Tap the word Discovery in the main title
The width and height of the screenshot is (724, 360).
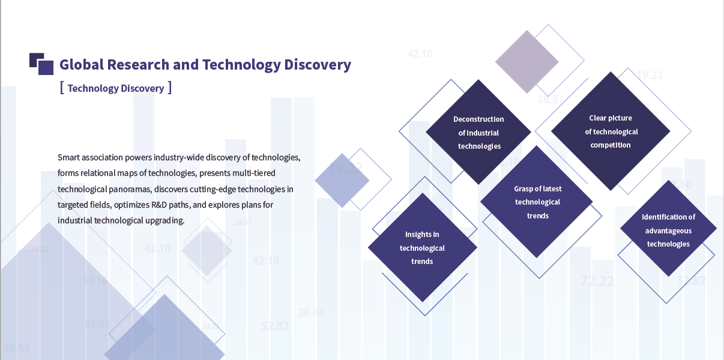(318, 65)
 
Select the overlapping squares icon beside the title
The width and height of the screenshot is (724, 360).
(41, 64)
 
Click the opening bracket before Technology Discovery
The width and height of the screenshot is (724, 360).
(62, 88)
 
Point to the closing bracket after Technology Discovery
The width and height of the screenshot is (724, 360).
(170, 88)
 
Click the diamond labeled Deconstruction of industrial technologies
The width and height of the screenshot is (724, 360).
(478, 132)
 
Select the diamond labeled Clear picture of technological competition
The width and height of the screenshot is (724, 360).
(611, 131)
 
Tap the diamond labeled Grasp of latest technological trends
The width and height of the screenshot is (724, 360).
(537, 202)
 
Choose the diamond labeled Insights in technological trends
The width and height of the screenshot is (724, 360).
(423, 248)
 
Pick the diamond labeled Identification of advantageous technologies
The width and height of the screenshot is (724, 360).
(668, 229)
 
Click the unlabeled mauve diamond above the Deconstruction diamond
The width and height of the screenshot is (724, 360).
(527, 62)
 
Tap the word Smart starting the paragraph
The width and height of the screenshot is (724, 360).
(68, 157)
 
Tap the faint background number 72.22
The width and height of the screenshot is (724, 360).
(597, 281)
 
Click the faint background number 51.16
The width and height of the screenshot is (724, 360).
(95, 280)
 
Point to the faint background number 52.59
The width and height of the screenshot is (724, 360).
(98, 324)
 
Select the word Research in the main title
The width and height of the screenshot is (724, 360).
(138, 65)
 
